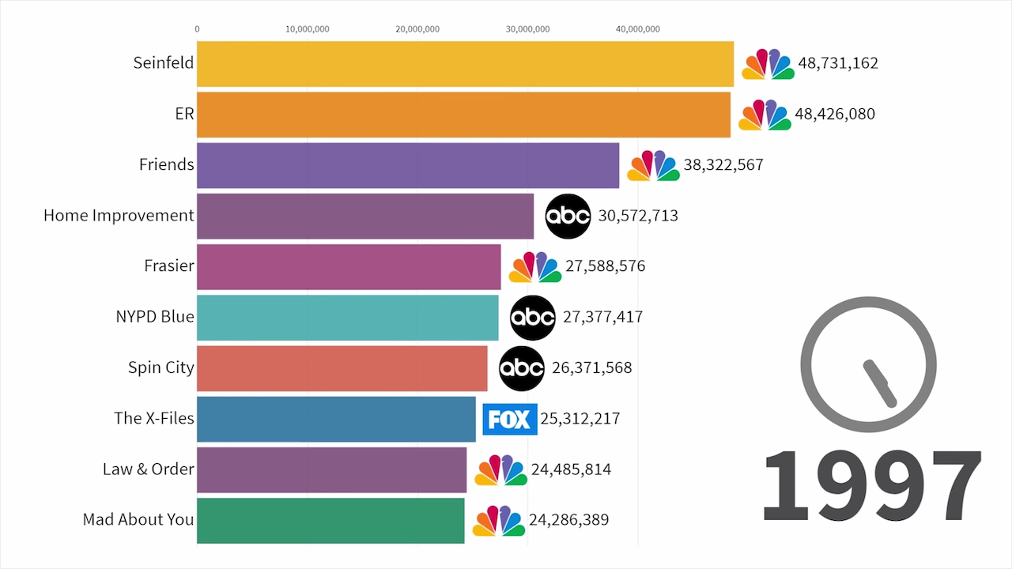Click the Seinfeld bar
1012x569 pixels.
coord(465,64)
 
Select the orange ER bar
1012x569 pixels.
coord(463,115)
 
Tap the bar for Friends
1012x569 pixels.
coord(408,165)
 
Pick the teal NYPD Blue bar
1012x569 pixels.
coord(348,318)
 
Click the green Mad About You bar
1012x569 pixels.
coord(330,520)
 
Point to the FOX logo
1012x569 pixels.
coord(510,419)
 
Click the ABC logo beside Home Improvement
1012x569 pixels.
coord(568,216)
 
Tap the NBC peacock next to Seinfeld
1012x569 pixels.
coord(768,64)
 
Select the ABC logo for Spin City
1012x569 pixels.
coord(522,368)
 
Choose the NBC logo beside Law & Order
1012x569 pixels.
coord(500,470)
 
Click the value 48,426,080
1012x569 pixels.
coord(835,114)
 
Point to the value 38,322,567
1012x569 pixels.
coord(723,165)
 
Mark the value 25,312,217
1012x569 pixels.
coord(580,419)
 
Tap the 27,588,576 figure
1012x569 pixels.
coord(605,266)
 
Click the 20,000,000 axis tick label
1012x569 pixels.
coord(417,29)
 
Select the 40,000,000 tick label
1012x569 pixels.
coord(637,29)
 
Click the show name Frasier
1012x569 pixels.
coord(169,266)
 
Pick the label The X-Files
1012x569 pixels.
coord(154,419)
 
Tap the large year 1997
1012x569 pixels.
coord(872,485)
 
